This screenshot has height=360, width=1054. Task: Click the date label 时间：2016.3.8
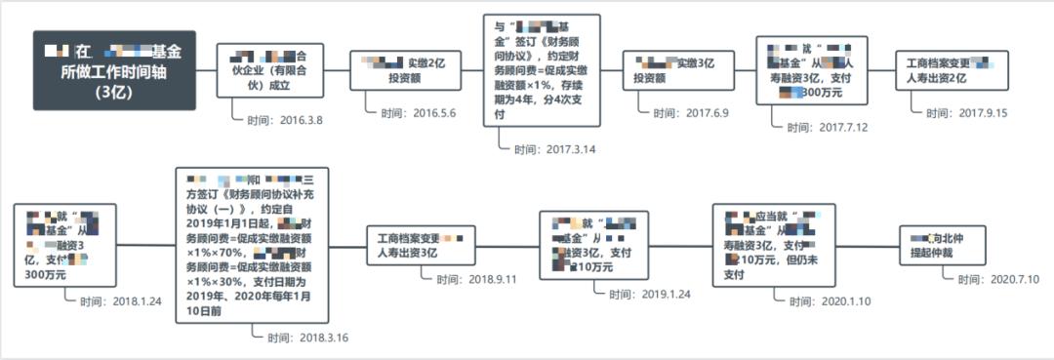tap(283, 120)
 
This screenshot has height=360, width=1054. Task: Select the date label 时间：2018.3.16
tap(306, 337)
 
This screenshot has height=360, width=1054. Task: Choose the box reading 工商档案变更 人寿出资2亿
tap(945, 70)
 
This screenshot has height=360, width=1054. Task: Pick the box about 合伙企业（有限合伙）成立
tap(268, 70)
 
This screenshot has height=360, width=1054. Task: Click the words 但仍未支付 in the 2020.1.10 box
tap(765, 268)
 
